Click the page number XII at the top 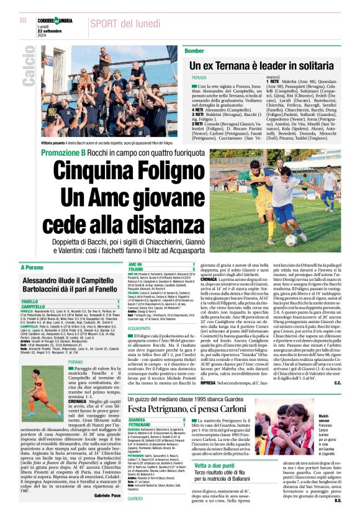23,20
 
